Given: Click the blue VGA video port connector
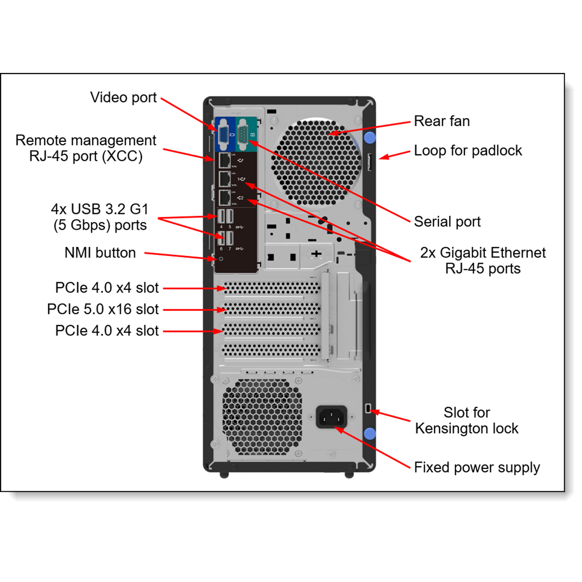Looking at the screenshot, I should coord(223,135).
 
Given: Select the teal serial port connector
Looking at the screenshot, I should coord(243,135).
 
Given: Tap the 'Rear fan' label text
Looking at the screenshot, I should coord(442,121).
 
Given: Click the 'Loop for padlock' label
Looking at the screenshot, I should coord(468,151).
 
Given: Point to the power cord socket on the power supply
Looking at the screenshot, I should coord(331,417).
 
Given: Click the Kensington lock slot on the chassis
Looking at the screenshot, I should coord(368,408).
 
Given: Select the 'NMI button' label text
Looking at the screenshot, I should coord(100,253).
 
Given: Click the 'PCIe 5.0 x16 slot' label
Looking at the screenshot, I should coord(103,309).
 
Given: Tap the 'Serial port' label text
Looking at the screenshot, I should coord(447,222).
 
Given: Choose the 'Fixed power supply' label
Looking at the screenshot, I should coord(476,468).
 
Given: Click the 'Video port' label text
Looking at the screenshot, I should coord(123,97).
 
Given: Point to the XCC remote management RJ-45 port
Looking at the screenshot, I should coord(224,160).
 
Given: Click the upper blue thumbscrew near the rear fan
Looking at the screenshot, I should coord(370,137).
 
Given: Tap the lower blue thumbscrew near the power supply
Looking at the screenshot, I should coord(370,433).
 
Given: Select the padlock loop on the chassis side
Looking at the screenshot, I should coord(370,162).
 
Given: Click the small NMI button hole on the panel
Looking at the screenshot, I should coord(221,258).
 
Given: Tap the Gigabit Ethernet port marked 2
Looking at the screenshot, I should coord(224,198).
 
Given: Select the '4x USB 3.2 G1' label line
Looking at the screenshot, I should coord(100,209).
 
